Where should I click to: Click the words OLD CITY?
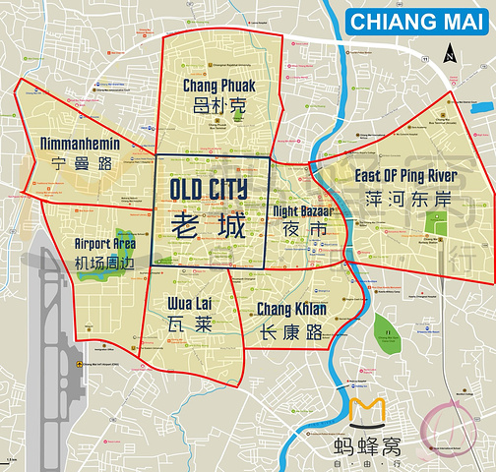[x=209, y=189]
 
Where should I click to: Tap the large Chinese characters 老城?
[x=209, y=225]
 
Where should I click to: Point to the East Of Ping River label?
[x=405, y=176]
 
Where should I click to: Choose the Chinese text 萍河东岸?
[x=405, y=200]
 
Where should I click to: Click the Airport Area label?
[x=105, y=243]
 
